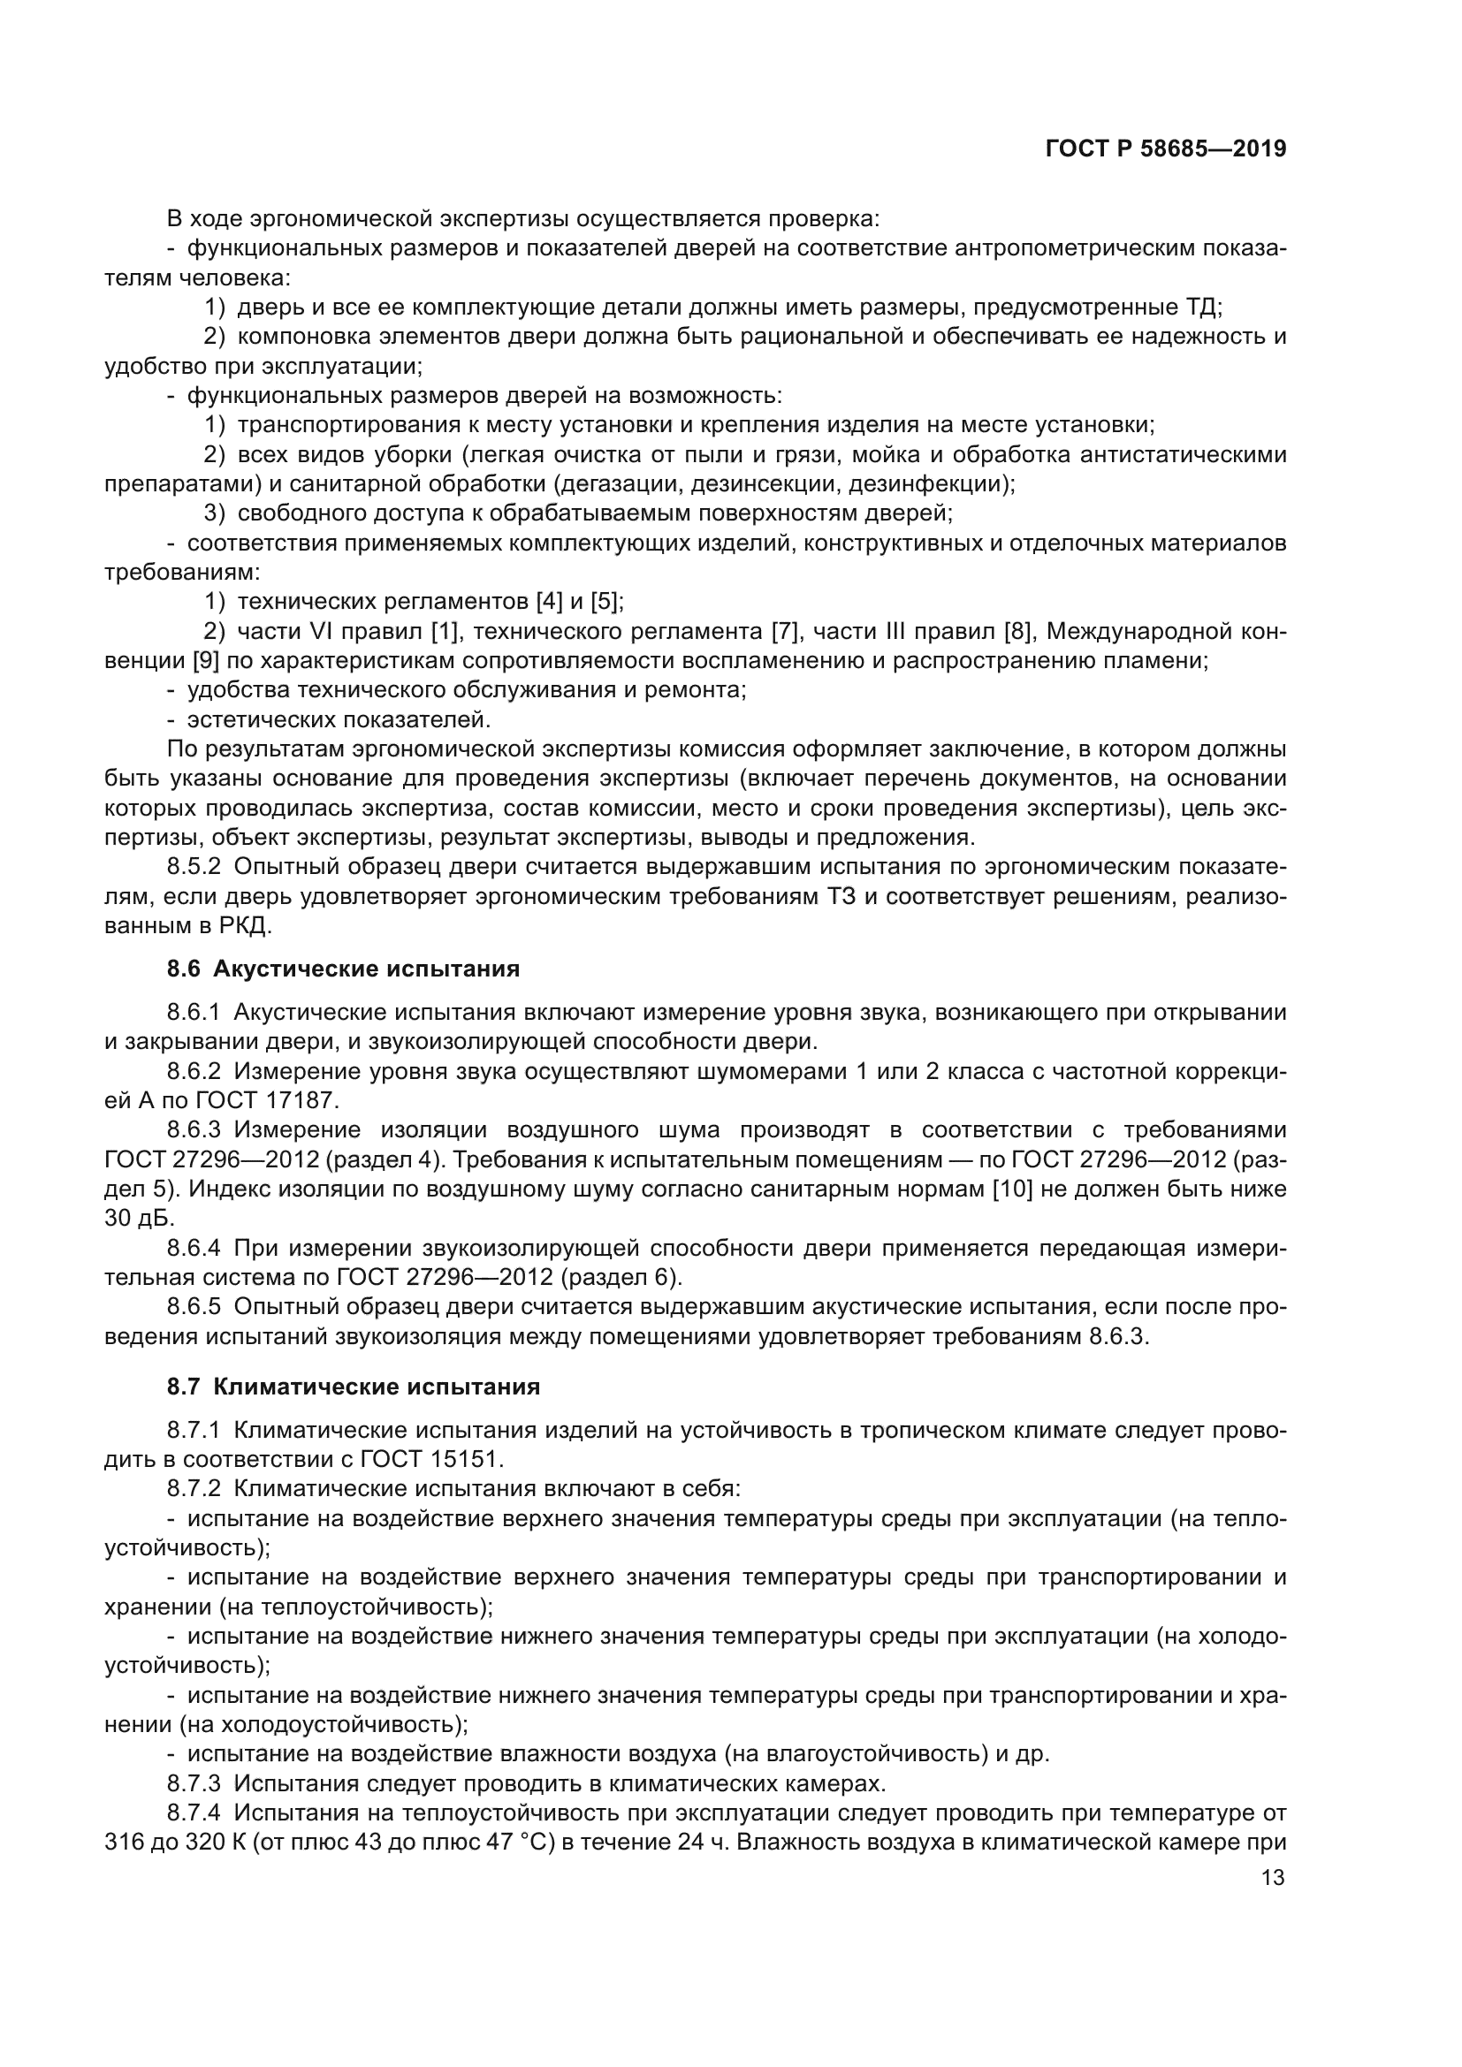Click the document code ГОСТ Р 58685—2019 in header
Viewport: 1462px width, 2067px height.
(x=1166, y=149)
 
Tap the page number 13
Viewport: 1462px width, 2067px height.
(x=1273, y=1877)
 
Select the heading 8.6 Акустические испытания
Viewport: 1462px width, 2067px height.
(x=343, y=969)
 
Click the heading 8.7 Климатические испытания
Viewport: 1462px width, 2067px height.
(x=353, y=1387)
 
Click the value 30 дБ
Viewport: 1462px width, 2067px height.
(x=139, y=1218)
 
